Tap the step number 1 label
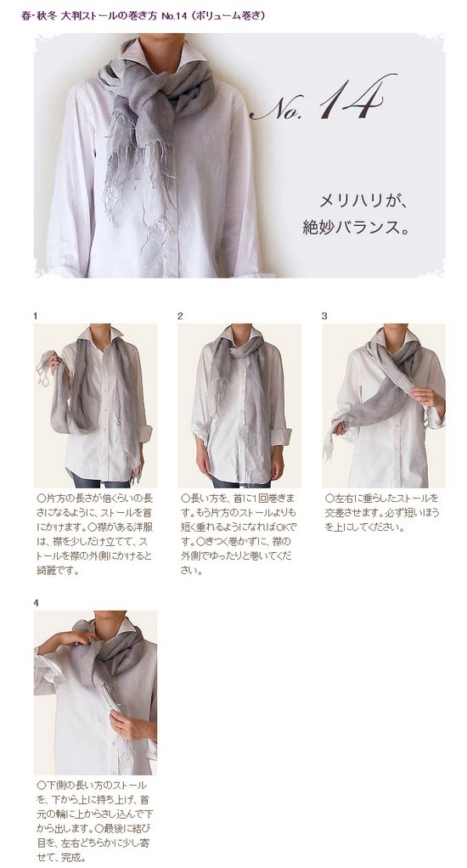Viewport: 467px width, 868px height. pos(36,316)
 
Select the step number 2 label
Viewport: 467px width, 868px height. pos(180,316)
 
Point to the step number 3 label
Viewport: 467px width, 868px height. pos(324,316)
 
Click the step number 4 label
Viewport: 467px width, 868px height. pos(36,603)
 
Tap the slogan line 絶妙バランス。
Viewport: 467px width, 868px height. pos(357,228)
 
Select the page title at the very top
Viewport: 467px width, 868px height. pos(143,15)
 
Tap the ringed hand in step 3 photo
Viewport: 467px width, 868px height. pos(426,397)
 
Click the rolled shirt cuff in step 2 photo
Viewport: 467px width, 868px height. pos(281,437)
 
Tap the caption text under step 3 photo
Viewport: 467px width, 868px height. pos(382,513)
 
